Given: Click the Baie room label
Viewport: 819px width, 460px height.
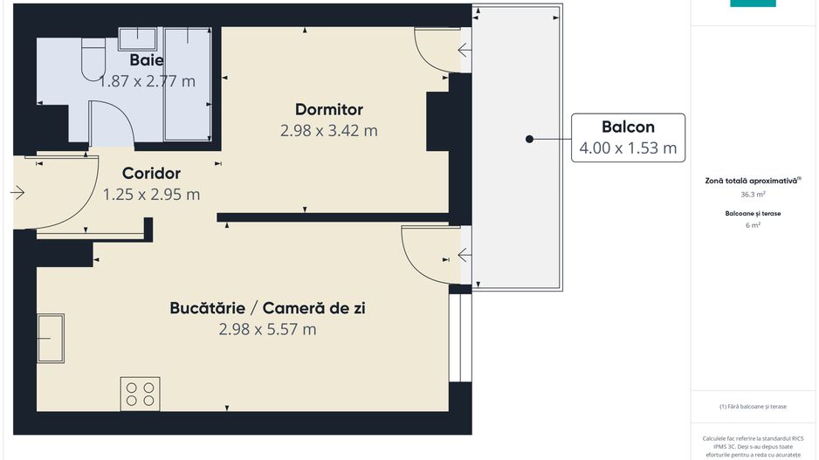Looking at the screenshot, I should point(147,60).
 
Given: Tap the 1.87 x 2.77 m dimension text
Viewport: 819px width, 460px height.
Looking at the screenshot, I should point(147,81).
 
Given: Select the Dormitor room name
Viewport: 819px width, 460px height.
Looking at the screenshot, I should point(328,109).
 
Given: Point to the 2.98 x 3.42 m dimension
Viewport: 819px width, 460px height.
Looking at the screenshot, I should point(328,131).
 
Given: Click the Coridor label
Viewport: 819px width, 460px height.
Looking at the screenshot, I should point(151,173).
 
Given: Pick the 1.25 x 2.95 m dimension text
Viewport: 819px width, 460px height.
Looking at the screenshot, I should point(151,194).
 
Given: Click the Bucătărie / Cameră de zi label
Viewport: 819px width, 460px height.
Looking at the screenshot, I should point(267,308).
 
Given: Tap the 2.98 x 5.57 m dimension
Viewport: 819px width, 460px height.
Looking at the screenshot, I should point(267,329).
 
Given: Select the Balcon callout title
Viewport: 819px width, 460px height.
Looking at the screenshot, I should point(628,126).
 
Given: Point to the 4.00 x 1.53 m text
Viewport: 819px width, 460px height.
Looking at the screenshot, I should point(628,148).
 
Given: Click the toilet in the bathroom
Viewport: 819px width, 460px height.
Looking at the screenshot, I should point(91,61).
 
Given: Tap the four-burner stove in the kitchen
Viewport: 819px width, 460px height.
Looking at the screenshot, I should point(141,392).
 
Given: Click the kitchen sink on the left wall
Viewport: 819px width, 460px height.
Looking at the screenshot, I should point(50,336).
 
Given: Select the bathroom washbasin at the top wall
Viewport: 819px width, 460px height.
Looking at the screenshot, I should point(137,38).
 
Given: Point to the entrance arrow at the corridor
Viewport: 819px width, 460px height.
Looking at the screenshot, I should point(17,193).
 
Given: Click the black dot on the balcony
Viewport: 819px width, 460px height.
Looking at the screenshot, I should point(529,139).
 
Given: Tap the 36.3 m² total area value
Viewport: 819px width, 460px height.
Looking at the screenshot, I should point(753,195).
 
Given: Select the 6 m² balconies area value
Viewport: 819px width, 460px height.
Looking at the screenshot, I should point(753,224).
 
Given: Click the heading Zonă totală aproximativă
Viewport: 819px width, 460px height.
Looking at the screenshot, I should point(753,181).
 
